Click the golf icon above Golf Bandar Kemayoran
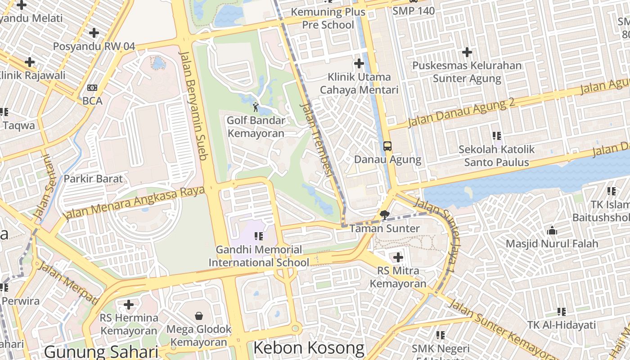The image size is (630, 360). [x=256, y=107]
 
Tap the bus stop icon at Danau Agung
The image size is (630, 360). [x=387, y=146]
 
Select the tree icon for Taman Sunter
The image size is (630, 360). [x=384, y=215]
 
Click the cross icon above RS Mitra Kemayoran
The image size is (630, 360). [x=398, y=257]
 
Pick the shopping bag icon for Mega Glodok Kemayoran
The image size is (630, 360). [x=198, y=316]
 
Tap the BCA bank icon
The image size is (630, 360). [x=92, y=88]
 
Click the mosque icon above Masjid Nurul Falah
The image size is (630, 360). [x=552, y=231]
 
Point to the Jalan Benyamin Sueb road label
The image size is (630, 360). [x=193, y=105]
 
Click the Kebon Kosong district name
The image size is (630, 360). [x=309, y=348]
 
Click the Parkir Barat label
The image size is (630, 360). [x=93, y=179]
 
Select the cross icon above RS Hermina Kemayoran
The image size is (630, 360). [x=129, y=305]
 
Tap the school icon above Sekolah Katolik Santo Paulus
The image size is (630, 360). [x=496, y=135]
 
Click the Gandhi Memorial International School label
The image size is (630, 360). [x=258, y=256]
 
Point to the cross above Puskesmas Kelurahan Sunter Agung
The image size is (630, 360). [x=467, y=52]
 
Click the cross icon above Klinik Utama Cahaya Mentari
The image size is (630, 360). [x=359, y=63]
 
